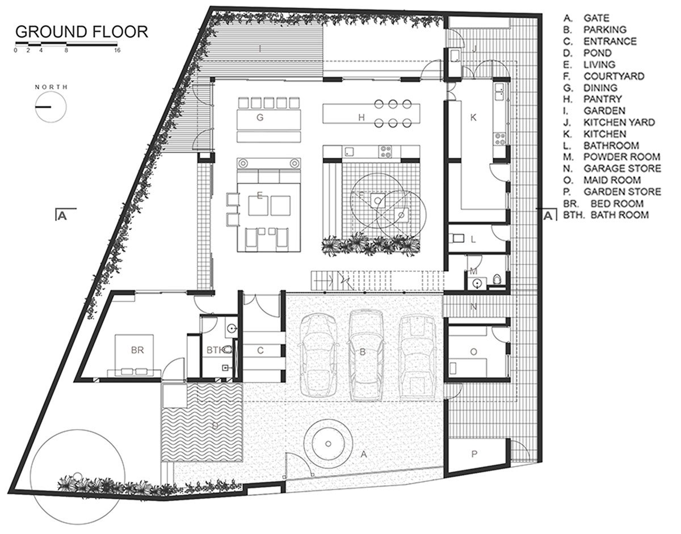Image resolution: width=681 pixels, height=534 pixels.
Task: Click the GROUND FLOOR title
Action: pos(82,32)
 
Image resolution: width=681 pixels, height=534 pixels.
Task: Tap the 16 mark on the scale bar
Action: pos(117,50)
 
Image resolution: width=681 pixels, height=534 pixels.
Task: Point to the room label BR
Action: pos(137,350)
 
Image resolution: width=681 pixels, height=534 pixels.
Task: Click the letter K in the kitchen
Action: pos(473,117)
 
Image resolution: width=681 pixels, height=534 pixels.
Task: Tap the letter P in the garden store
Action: pos(474,454)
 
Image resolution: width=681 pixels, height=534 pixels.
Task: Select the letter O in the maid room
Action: pos(473,352)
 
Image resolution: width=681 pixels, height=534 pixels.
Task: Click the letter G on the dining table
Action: pos(260,117)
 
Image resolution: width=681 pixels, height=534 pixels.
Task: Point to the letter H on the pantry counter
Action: pos(361,117)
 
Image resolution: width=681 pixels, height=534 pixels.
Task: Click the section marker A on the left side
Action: pos(62,216)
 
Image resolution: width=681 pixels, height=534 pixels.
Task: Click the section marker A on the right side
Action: pos(548,216)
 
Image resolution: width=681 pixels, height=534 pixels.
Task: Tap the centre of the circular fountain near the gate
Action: pos(328,444)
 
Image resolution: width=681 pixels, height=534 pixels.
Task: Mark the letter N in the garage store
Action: pos(473,307)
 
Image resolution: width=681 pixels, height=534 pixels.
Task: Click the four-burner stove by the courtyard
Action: pos(385,152)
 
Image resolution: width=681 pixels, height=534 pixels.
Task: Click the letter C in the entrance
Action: pos(260,350)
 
